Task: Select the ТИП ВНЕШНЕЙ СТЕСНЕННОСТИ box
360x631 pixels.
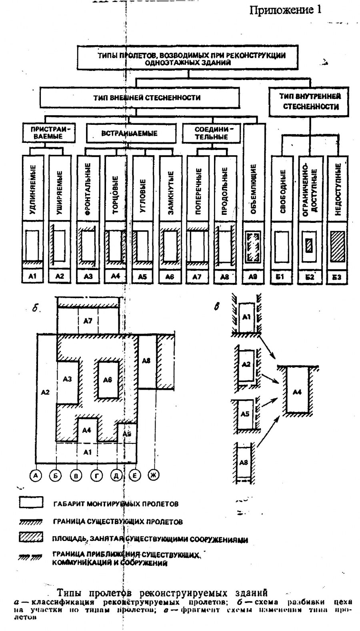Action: (139, 98)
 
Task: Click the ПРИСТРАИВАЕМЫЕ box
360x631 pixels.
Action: (48, 132)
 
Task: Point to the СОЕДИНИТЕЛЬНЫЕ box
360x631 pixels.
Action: (211, 133)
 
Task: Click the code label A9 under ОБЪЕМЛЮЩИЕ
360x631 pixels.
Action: (253, 276)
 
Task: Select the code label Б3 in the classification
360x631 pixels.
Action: (336, 276)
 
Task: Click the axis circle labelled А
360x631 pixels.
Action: (36, 475)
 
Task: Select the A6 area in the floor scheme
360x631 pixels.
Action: (107, 379)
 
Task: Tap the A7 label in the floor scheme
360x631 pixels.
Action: (88, 321)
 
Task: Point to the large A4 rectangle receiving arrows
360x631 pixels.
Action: (297, 391)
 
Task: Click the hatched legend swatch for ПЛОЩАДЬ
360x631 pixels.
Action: (31, 538)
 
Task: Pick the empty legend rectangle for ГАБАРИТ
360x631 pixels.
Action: (31, 503)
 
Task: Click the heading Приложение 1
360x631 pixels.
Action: (285, 10)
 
